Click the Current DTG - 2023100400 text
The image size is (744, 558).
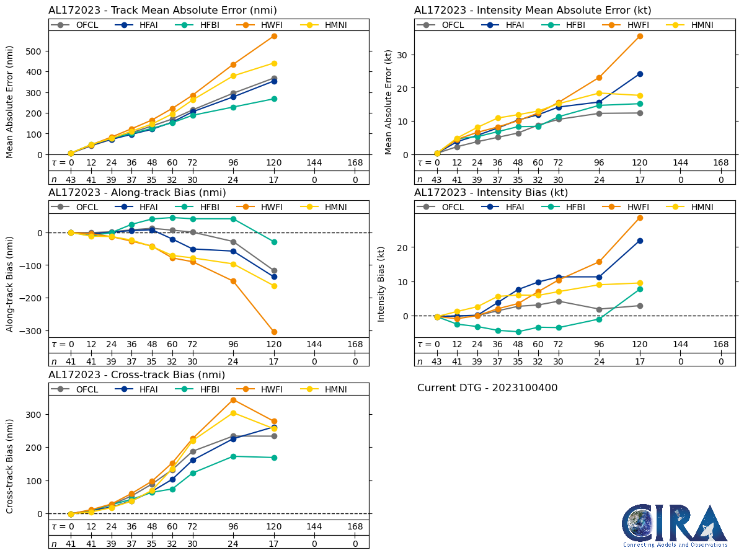(x=487, y=388)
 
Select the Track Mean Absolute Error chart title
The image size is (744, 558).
(x=162, y=10)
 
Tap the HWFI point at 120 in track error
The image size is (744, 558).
(x=274, y=36)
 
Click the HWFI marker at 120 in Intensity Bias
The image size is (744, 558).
(x=640, y=218)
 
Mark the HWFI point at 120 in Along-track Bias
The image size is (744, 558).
(x=274, y=332)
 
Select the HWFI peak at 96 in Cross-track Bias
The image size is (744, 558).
(x=233, y=400)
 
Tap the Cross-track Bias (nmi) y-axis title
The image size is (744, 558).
(x=10, y=465)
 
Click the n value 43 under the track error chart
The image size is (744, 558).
(x=71, y=179)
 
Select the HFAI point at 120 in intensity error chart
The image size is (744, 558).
(x=640, y=74)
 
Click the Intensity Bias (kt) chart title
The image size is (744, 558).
(x=491, y=192)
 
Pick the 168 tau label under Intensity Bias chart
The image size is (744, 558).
(x=720, y=345)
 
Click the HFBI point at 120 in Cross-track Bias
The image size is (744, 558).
(x=274, y=458)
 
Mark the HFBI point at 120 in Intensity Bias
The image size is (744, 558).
(x=640, y=289)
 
